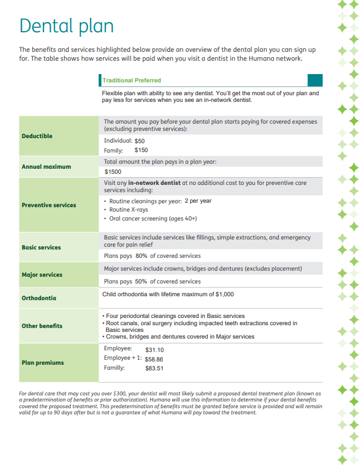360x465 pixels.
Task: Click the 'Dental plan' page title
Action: (66, 26)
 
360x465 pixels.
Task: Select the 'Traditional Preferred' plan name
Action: (132, 81)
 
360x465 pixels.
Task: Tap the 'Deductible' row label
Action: (37, 136)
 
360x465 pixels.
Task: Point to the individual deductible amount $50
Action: (139, 141)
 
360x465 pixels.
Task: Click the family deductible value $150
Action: (141, 150)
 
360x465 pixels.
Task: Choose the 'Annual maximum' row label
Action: (46, 167)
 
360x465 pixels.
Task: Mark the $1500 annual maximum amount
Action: (113, 172)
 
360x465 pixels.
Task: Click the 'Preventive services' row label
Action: (49, 205)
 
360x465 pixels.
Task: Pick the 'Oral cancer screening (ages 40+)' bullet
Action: (153, 219)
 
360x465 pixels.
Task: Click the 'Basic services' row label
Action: (41, 247)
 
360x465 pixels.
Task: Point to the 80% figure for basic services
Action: (141, 256)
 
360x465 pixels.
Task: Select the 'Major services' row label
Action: (42, 275)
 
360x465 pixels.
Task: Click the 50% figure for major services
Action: (141, 282)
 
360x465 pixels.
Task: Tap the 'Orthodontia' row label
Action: (39, 298)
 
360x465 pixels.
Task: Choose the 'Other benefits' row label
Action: (42, 326)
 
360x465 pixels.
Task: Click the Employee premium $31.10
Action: (154, 350)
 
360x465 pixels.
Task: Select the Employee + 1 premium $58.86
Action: (154, 359)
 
